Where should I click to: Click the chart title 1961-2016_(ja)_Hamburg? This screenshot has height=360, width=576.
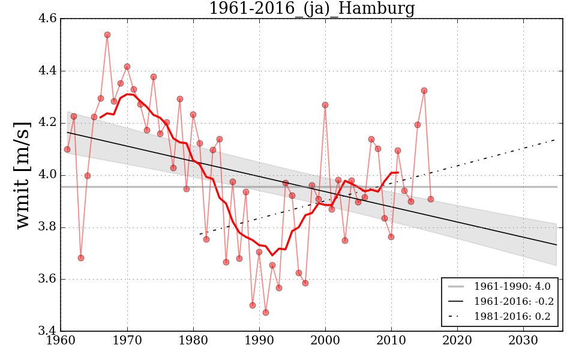coord(311,8)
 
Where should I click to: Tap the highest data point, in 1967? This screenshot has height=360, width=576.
coord(107,35)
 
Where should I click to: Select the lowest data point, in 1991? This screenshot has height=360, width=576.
coord(266,313)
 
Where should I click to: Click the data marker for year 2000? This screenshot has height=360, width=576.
coord(325,105)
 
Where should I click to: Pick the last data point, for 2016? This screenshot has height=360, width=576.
coord(431,199)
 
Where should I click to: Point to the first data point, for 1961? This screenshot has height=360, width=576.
coord(67,149)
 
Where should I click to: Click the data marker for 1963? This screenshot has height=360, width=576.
coord(81,258)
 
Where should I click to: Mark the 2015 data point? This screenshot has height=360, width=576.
coord(424,91)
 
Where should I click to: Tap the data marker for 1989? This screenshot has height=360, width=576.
coord(253,305)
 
